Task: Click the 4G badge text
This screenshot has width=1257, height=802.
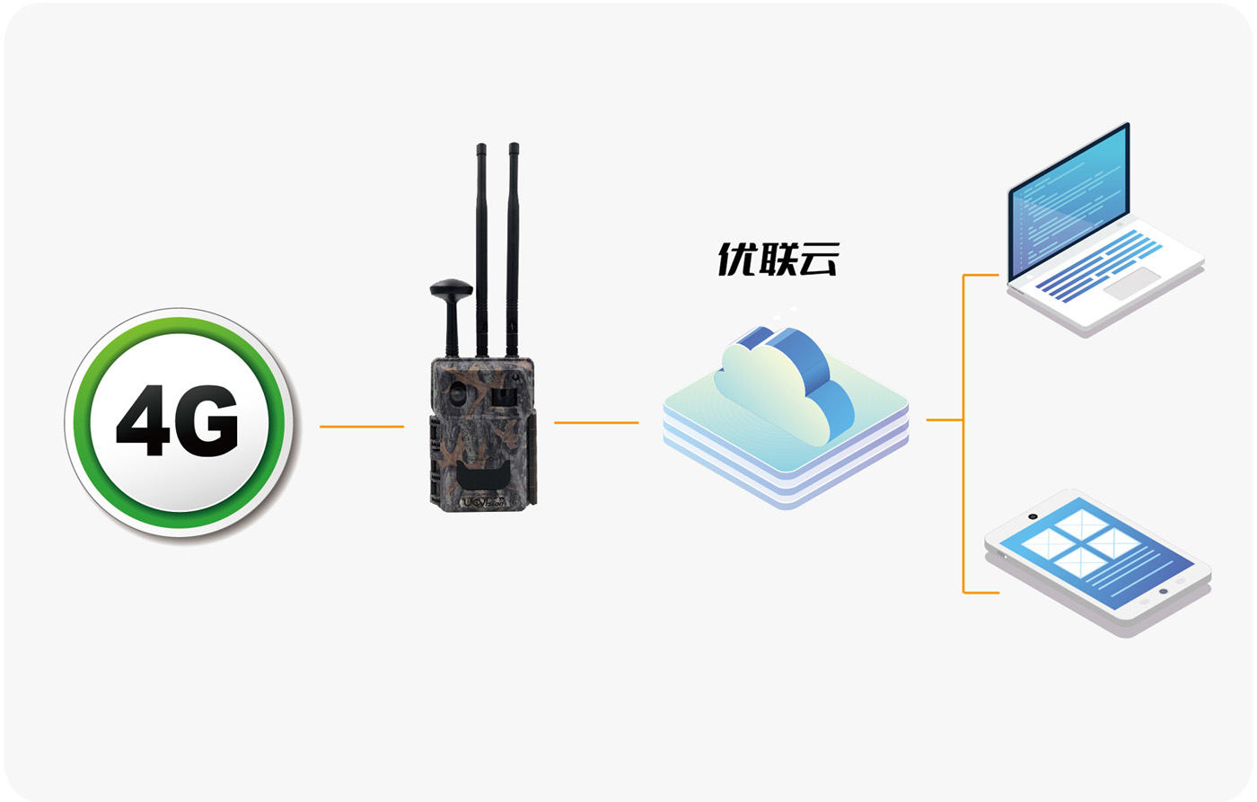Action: [x=178, y=421]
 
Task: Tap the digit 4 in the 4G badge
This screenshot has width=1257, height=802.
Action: [x=147, y=421]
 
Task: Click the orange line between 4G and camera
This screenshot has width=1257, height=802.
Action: [x=361, y=427]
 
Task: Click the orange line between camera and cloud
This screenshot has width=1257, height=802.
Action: [x=596, y=422]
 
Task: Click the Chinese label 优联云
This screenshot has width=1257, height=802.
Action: [x=778, y=260]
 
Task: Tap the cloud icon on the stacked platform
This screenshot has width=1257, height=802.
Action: [x=783, y=388]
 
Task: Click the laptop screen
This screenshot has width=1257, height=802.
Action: [x=1068, y=202]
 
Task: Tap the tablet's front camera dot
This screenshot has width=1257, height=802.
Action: [x=1033, y=516]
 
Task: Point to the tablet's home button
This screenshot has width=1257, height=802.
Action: [x=1164, y=592]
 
